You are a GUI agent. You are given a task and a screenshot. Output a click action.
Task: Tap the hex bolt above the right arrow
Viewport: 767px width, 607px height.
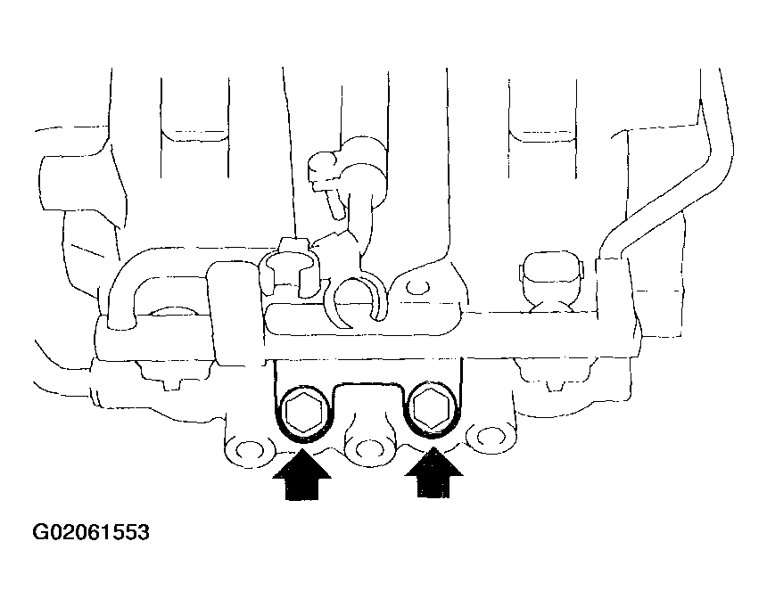(x=432, y=408)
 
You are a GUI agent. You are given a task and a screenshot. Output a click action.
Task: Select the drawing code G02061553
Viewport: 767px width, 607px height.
(x=91, y=532)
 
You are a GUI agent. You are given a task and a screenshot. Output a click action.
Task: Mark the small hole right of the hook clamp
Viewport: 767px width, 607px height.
(x=417, y=288)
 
